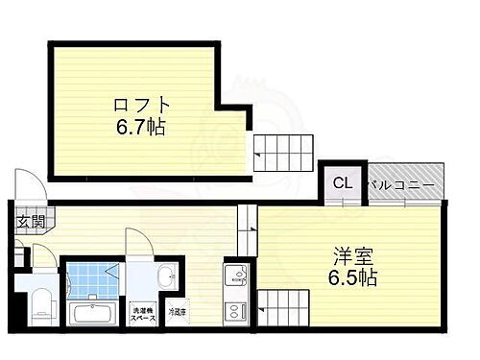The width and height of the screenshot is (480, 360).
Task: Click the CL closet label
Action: [x=342, y=182]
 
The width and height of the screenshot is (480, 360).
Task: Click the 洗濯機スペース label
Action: [x=143, y=311]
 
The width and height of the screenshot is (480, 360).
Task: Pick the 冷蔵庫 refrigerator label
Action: [x=178, y=312]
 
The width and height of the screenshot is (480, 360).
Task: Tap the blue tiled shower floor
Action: [x=92, y=276]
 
